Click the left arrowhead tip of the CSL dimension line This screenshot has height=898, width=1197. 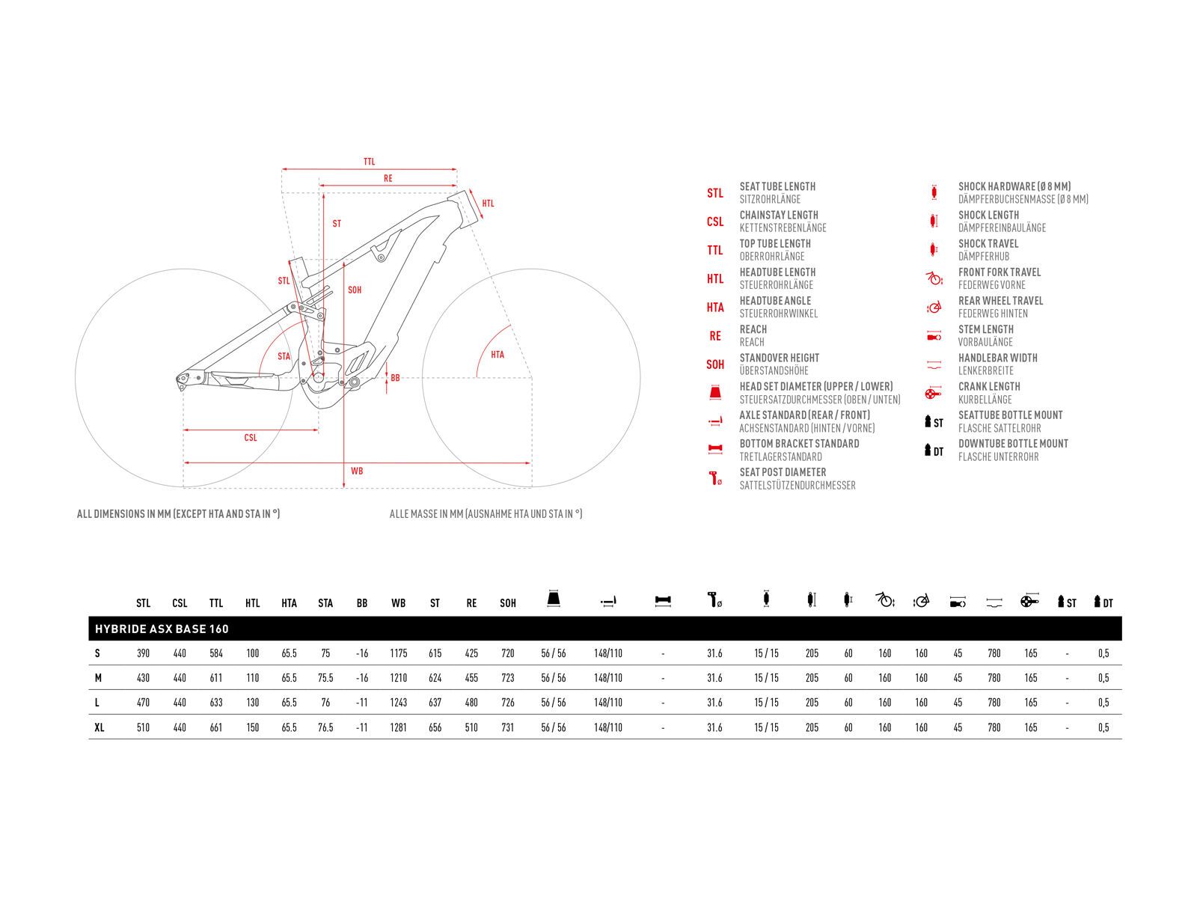(183, 430)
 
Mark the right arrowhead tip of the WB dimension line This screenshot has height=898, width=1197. (530, 463)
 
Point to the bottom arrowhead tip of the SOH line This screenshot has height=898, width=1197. (343, 487)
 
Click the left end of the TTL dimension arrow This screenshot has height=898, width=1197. (282, 170)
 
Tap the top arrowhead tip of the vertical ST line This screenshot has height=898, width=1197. (323, 192)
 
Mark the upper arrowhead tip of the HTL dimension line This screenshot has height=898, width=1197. (470, 189)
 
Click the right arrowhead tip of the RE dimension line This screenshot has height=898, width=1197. (457, 186)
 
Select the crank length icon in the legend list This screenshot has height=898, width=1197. (933, 393)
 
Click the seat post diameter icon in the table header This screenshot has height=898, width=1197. (714, 600)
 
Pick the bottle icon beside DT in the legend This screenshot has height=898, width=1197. (928, 450)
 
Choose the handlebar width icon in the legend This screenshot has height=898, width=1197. (934, 364)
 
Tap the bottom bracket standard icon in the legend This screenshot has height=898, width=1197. (715, 449)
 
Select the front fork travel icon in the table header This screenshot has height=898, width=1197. (884, 599)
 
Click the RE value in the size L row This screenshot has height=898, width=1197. (471, 703)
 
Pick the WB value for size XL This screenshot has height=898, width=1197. (398, 727)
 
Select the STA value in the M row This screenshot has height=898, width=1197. (325, 678)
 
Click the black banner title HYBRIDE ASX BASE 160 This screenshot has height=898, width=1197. (162, 629)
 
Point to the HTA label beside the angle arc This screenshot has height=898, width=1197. (498, 355)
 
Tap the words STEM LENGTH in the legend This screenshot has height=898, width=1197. (986, 329)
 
